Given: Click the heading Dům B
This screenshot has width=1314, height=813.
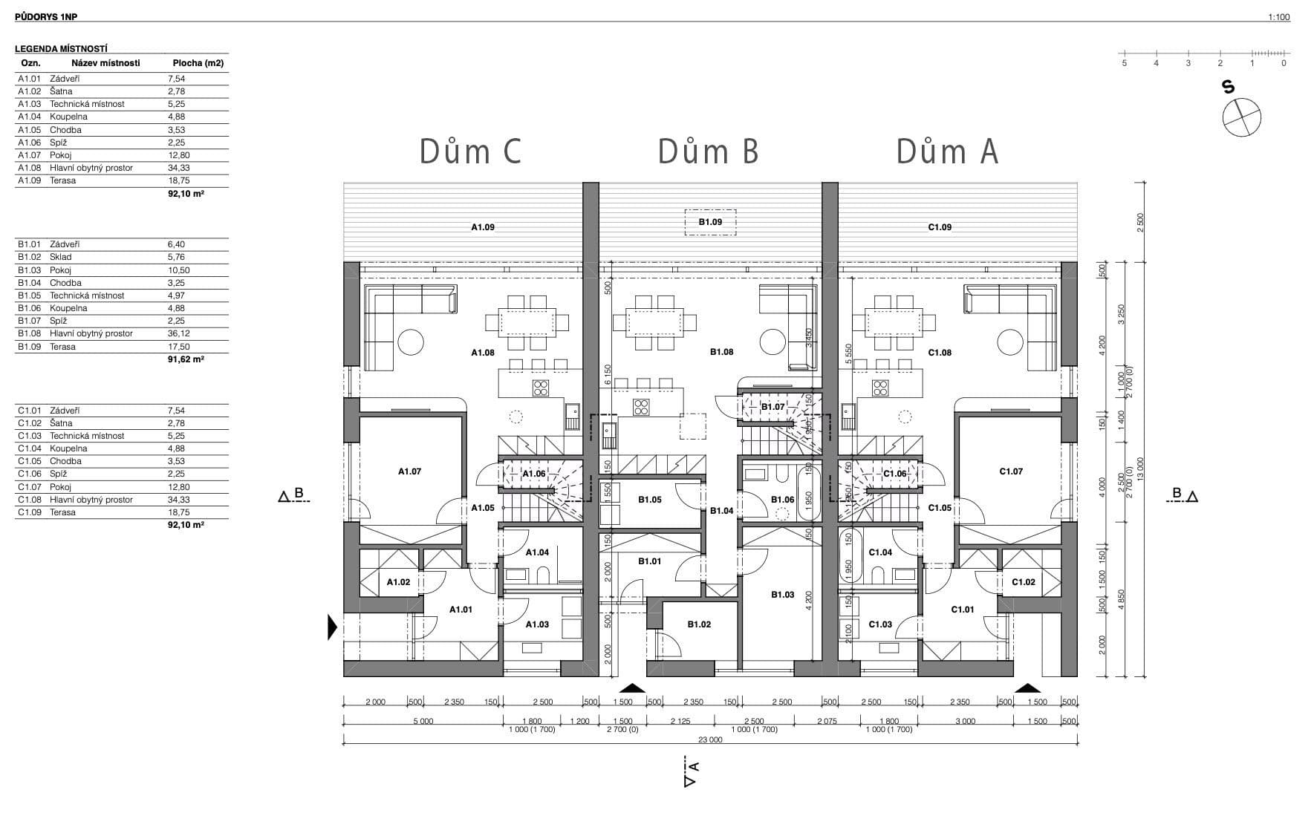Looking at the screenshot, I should click(708, 151).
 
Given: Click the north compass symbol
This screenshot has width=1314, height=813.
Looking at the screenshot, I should click(1242, 117).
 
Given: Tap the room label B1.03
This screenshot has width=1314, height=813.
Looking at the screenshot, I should click(782, 595).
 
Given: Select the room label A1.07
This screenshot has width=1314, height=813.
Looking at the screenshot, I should click(409, 471).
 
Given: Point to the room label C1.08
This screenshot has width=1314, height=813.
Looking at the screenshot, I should click(940, 353).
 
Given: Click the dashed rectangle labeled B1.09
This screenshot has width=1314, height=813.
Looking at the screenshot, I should click(710, 222).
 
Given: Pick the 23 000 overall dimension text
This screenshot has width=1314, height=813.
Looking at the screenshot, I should click(710, 740).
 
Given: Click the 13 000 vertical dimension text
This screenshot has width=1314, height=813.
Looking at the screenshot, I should click(1141, 469).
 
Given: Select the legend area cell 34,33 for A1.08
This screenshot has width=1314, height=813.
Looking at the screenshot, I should click(177, 168).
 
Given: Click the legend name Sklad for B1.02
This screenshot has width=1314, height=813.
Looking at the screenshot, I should click(61, 257).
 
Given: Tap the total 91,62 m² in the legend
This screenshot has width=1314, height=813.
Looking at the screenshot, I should click(186, 359).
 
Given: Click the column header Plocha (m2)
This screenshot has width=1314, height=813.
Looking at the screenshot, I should click(198, 63).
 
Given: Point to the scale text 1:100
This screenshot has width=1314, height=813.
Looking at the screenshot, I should click(1279, 17).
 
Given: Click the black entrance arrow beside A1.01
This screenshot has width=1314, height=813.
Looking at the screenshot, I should click(332, 627).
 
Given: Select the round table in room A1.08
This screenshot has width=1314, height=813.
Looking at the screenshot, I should click(410, 342).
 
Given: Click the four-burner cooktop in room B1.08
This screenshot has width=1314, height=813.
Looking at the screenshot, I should click(640, 407).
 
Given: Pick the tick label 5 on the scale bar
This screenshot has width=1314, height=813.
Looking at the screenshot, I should click(1124, 64).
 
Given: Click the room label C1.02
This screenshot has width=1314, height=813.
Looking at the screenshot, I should click(1023, 582).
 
